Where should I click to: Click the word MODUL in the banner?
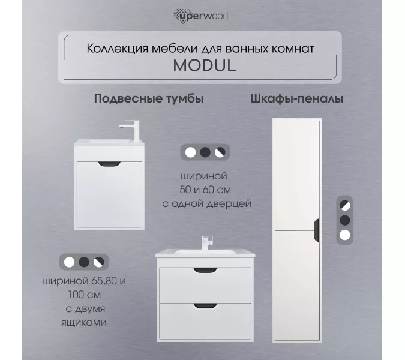point(205,65)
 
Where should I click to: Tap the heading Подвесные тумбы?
point(149,99)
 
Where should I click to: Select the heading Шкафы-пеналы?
point(296,99)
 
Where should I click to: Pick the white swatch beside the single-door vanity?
point(190,152)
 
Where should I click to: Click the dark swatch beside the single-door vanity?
point(205,152)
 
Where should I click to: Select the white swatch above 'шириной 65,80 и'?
point(69,262)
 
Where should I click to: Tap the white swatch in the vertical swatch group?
point(344,235)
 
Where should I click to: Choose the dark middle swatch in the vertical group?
point(344,219)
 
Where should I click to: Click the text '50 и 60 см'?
point(205,190)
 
